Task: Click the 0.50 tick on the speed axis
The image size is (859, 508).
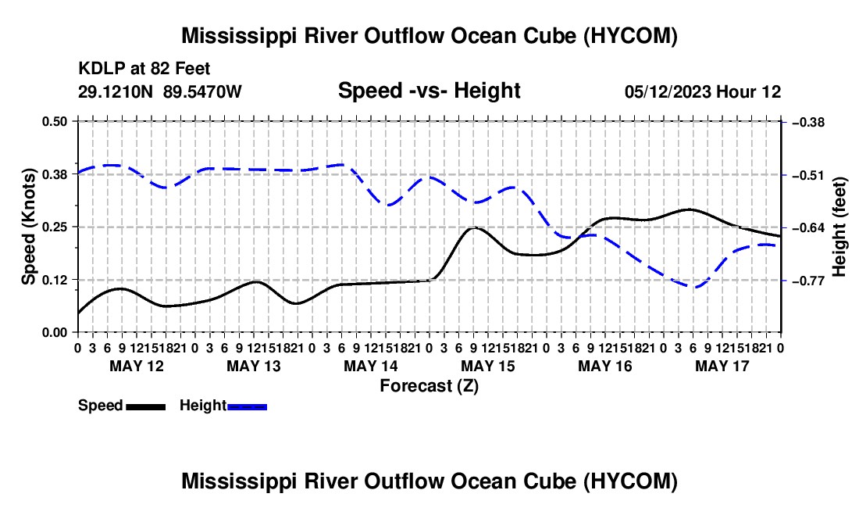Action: [55, 121]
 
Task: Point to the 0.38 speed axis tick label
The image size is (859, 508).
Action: [55, 174]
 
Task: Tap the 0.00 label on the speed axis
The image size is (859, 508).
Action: [55, 333]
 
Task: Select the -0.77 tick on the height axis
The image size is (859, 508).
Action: [807, 281]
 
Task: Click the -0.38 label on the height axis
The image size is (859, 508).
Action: [807, 122]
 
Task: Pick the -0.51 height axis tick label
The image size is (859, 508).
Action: [807, 175]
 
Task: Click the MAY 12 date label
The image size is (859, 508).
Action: [137, 366]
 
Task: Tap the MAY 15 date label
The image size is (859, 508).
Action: [488, 366]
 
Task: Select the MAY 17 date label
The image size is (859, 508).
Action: [722, 366]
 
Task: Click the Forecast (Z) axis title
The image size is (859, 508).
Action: [429, 386]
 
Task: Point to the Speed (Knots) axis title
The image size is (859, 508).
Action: [28, 227]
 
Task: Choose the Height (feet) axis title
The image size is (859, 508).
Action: [839, 227]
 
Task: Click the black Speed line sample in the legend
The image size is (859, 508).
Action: [146, 407]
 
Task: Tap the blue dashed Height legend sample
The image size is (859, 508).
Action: [247, 407]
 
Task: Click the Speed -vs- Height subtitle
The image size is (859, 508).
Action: [429, 91]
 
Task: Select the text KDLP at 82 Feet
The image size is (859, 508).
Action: [144, 69]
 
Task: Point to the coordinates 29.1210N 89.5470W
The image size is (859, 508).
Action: [160, 91]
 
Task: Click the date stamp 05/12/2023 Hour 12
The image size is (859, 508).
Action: [703, 91]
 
